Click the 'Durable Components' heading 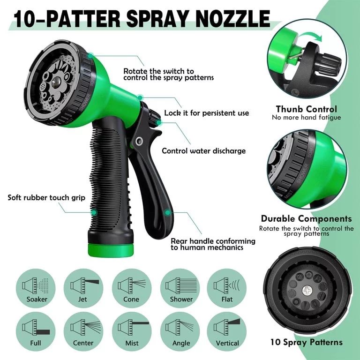(306, 218)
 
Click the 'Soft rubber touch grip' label (46, 197)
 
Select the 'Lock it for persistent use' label (206, 113)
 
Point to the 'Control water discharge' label (203, 151)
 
